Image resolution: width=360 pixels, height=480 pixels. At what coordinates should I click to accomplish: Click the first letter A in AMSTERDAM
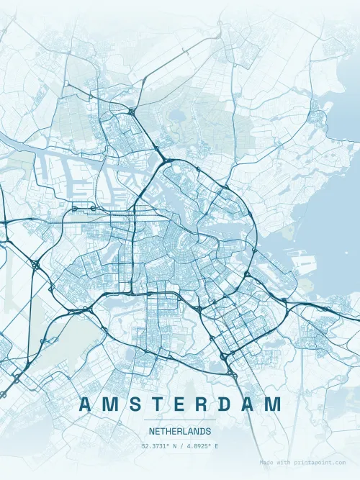(x=84, y=404)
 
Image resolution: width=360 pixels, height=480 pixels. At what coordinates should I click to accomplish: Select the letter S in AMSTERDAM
(x=132, y=404)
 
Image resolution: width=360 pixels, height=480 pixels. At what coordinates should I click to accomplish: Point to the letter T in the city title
(x=156, y=404)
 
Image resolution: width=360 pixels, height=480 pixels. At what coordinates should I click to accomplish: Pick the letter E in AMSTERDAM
(x=178, y=404)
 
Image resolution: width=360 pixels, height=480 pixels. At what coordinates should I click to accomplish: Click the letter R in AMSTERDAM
(x=201, y=404)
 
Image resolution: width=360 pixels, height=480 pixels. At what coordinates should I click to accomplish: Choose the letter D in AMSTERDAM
(x=225, y=404)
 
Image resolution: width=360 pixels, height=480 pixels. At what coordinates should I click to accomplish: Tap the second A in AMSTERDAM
(x=249, y=404)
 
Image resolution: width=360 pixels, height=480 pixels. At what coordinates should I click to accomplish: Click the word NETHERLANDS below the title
(x=180, y=432)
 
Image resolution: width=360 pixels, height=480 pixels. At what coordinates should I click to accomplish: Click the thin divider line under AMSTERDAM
(x=180, y=420)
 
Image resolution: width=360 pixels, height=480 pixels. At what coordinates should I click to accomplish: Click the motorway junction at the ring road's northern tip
(x=167, y=158)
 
